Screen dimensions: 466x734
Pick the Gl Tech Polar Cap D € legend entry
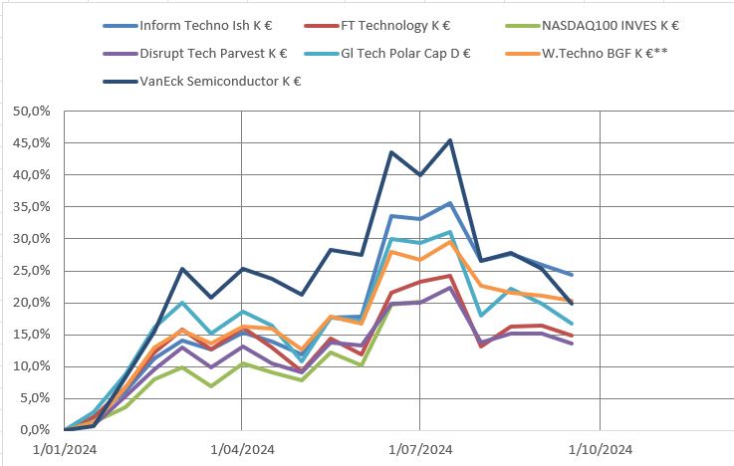(418, 54)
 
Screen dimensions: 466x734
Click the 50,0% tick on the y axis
(28, 112)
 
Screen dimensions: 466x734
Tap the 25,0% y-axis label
(28, 271)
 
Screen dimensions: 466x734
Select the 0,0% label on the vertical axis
(32, 430)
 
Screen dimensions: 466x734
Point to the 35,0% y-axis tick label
(28, 207)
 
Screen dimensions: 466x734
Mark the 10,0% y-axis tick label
(28, 366)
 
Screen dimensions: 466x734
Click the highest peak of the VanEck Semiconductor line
(451, 140)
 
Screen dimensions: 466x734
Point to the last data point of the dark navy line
(571, 303)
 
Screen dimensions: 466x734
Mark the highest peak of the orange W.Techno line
(451, 242)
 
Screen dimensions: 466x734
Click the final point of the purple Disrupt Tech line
(571, 344)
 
